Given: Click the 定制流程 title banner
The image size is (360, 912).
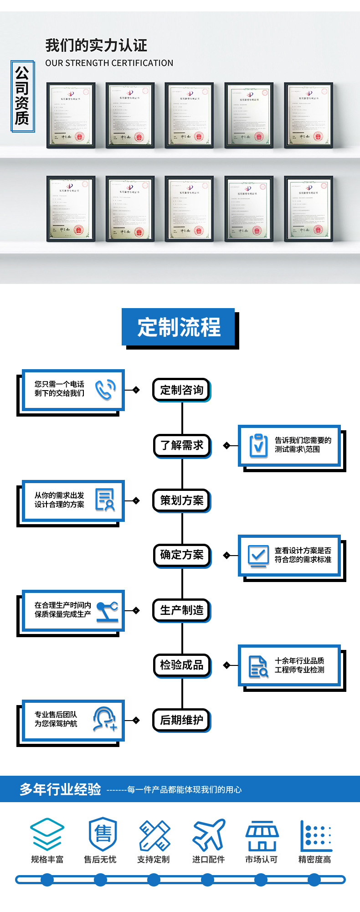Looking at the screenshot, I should click(x=179, y=327).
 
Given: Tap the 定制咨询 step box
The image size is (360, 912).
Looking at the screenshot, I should click(x=181, y=390).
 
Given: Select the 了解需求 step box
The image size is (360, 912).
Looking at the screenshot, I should click(x=181, y=445).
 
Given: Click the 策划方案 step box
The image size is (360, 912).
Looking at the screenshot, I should click(x=181, y=500).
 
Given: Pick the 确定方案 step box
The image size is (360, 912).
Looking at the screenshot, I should click(x=181, y=555).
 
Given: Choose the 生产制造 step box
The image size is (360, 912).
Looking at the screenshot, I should click(x=181, y=610).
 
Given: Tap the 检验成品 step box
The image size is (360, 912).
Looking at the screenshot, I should click(x=181, y=665).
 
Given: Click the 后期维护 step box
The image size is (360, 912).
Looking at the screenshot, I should click(x=181, y=720).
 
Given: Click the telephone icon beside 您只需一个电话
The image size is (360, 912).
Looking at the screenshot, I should click(x=105, y=390).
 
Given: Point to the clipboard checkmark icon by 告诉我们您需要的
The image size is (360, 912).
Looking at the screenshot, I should click(x=258, y=445).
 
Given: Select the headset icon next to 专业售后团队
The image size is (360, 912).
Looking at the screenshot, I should click(x=104, y=720).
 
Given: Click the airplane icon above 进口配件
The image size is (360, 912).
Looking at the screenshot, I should click(x=209, y=835).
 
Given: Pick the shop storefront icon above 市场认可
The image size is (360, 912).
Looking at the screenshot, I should click(x=262, y=835).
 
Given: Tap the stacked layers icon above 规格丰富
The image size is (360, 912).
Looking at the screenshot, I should click(x=47, y=835).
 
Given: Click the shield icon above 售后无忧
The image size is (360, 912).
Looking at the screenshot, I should click(x=103, y=834).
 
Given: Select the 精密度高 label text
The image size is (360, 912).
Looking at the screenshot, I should click(x=314, y=859).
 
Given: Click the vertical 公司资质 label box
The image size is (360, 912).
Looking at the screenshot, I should click(x=22, y=96).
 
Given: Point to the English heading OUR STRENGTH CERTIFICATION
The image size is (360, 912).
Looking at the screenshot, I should click(x=109, y=63).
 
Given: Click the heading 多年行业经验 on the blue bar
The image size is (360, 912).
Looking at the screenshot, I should click(x=60, y=789).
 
